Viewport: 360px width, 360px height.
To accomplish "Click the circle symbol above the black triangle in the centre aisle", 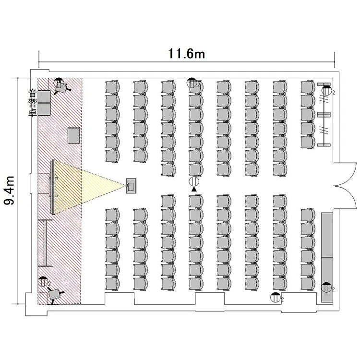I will click(194, 182).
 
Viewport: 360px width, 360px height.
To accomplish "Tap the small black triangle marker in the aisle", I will click(194, 190).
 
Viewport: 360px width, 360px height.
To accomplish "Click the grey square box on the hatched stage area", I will click(73, 135).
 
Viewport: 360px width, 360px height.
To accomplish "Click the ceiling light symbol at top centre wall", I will click(192, 83).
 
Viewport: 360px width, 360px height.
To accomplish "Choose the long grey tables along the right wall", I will click(328, 257).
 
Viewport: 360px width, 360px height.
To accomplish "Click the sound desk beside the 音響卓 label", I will click(45, 102).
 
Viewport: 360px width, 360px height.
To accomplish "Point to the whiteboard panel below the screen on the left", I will click(45, 242).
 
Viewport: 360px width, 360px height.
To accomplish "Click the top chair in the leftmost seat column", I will click(112, 87).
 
